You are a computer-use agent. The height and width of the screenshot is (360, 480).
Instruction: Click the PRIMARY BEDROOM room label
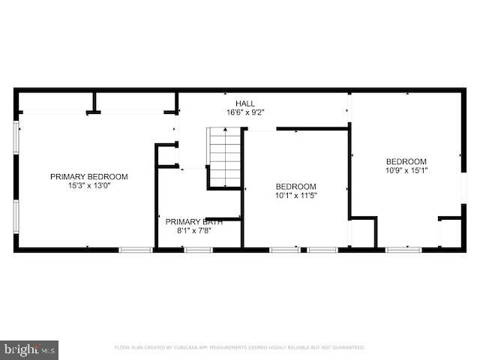tap(88, 177)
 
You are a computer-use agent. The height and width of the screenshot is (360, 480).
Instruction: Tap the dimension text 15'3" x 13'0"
tap(88, 186)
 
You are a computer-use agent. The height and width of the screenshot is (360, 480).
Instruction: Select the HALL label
tap(244, 103)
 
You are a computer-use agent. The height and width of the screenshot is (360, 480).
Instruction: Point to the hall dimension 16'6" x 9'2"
tap(244, 112)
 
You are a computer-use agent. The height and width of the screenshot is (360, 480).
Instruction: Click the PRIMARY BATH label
tap(193, 221)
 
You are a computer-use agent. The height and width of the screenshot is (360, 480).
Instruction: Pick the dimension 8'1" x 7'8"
tap(193, 230)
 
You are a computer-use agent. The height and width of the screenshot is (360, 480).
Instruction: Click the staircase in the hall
tap(224, 157)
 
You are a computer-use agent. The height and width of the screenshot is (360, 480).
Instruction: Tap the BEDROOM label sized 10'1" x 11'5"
tap(295, 187)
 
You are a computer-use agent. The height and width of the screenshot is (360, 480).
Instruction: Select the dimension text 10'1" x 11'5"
tap(295, 196)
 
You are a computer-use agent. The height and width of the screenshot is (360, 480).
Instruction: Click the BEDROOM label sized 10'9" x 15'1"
tap(406, 161)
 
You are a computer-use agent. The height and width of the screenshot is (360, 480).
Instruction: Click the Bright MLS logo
tap(30, 349)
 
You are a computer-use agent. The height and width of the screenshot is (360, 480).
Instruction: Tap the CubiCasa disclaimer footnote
tap(239, 348)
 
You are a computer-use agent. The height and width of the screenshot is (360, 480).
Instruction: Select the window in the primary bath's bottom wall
tap(198, 249)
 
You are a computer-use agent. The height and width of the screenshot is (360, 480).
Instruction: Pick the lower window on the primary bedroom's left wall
tap(16, 217)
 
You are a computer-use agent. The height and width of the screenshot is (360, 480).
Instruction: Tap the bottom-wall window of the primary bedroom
tap(136, 249)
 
